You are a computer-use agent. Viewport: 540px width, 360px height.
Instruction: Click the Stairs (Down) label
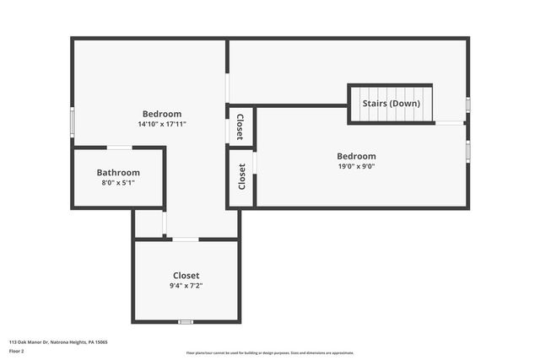(391, 103)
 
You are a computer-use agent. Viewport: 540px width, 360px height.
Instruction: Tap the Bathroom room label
(118, 172)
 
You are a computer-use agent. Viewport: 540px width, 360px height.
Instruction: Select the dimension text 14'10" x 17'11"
(162, 124)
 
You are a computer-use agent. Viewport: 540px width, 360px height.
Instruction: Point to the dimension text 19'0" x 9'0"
(356, 166)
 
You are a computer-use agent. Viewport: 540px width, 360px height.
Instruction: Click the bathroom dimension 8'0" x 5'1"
(118, 182)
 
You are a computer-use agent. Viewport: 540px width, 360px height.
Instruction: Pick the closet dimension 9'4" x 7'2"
(186, 285)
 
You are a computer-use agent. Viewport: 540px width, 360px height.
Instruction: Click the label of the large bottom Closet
(186, 275)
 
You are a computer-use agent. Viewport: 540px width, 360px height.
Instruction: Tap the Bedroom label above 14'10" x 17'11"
(162, 114)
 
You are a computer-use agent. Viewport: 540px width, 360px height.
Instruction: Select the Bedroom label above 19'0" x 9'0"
(356, 156)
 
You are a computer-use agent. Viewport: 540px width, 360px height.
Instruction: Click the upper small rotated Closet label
(240, 126)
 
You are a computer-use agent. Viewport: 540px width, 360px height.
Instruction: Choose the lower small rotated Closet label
(241, 176)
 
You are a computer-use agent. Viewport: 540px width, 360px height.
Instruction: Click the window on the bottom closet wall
(186, 321)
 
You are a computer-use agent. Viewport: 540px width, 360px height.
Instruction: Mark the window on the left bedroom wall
(73, 122)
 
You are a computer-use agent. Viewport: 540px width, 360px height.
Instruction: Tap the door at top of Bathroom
(119, 148)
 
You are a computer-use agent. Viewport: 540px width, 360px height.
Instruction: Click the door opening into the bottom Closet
(186, 239)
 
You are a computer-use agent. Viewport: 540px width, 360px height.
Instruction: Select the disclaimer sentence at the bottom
(270, 352)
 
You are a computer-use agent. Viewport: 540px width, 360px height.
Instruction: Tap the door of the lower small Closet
(255, 162)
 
